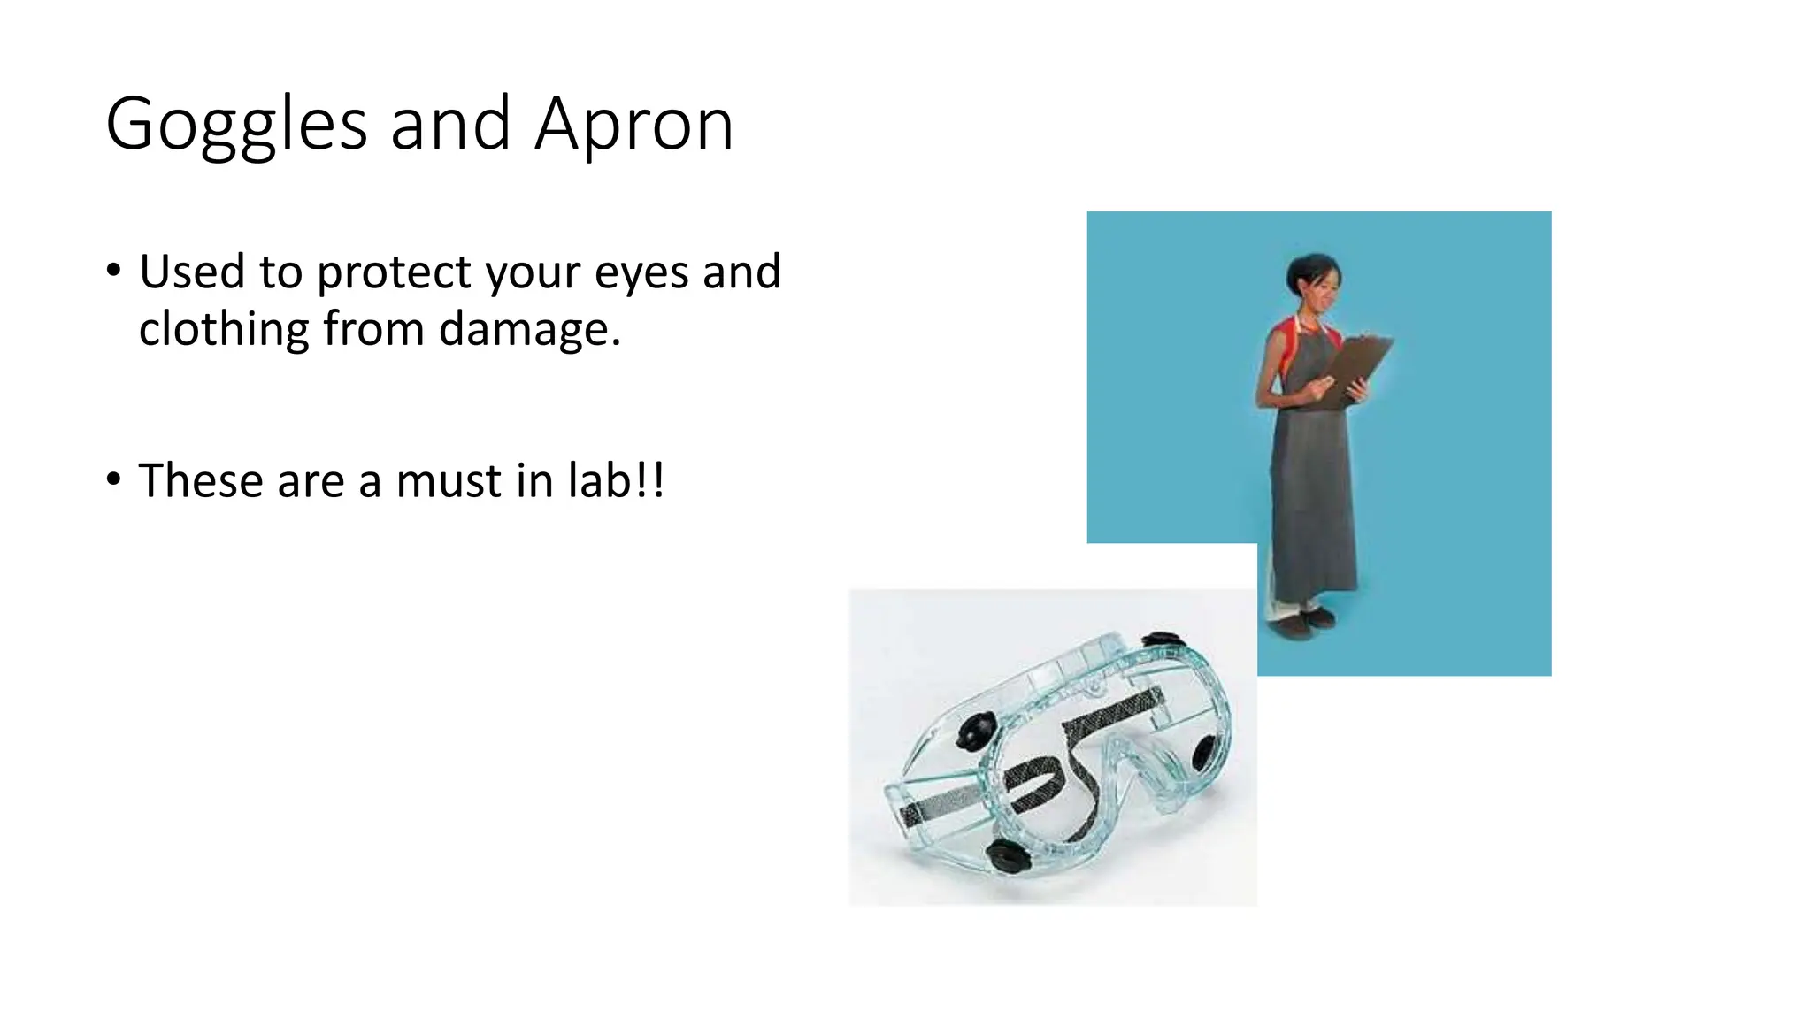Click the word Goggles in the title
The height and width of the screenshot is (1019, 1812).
pos(235,126)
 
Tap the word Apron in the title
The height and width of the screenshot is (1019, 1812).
pos(633,126)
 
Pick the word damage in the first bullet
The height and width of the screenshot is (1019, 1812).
pos(529,328)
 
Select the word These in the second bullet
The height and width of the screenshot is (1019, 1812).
pos(201,481)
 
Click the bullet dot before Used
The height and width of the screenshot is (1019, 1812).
pos(112,270)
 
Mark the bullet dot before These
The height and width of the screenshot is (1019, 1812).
pos(112,479)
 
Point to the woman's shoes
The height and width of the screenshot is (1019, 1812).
pos(1300,624)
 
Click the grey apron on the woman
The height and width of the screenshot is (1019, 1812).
pos(1314,495)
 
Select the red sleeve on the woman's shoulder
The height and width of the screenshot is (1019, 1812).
pos(1277,341)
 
